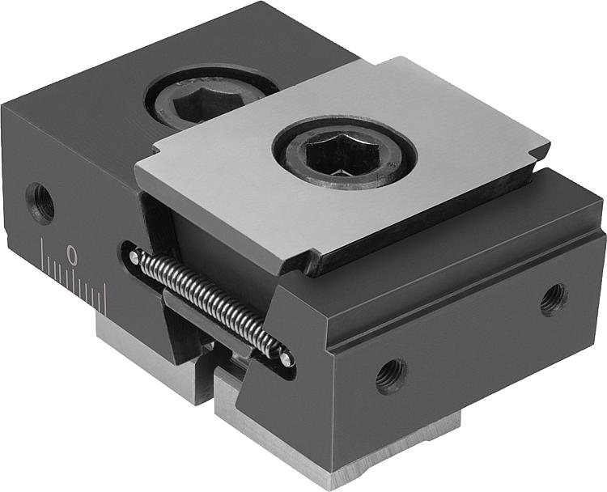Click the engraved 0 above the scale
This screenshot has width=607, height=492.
coord(71,254)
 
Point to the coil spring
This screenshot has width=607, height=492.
coord(209,303)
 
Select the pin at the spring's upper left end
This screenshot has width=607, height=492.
coord(134,257)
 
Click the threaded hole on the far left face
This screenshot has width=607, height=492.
coord(40,203)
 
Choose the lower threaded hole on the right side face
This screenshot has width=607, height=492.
coord(392,375)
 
